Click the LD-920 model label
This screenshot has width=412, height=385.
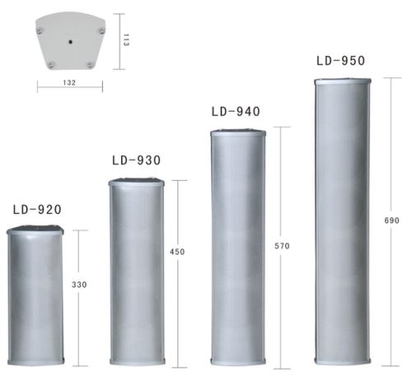[x=37, y=210]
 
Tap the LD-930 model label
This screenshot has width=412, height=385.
[x=137, y=160]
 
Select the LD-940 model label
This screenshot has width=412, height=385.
[x=236, y=112]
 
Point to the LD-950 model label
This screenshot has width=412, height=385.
[x=340, y=61]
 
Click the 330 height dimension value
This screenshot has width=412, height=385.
[x=79, y=285]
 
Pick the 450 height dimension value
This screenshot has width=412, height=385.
[x=177, y=252]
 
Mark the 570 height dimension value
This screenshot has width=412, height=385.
[x=282, y=246]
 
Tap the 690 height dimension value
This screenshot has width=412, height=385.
[x=391, y=220]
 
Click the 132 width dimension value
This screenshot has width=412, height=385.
[x=69, y=82]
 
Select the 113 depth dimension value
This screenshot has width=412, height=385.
[x=126, y=40]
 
